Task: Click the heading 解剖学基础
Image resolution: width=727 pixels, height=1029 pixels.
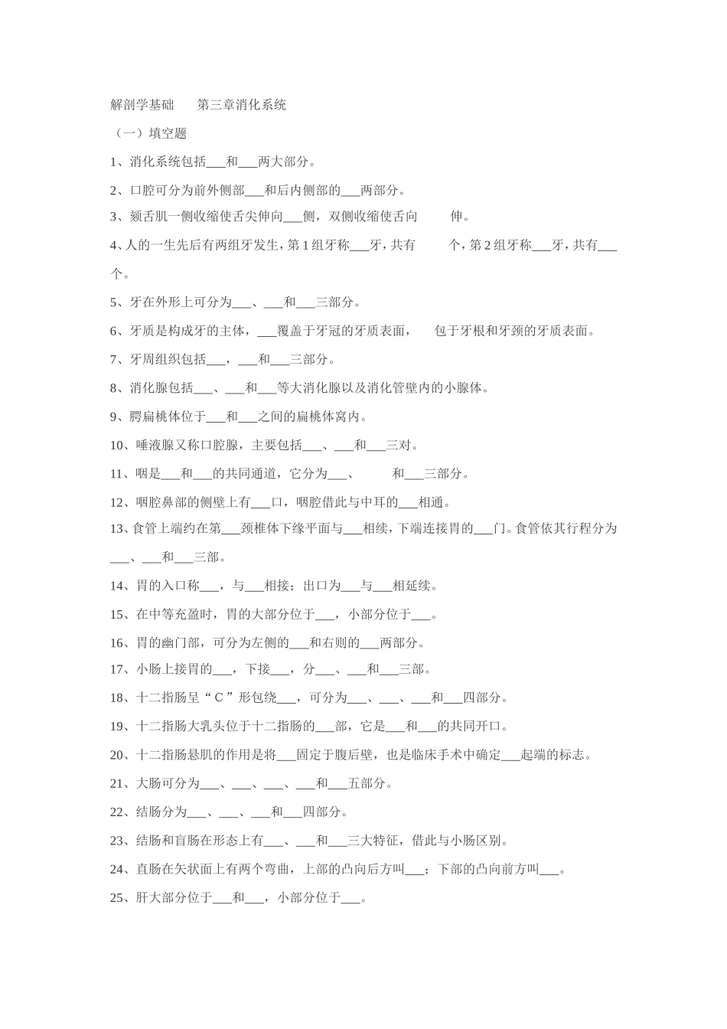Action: point(142,105)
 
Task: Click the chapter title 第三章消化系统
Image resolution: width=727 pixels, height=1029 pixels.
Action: point(241,105)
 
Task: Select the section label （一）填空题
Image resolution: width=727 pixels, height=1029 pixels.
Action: point(149,133)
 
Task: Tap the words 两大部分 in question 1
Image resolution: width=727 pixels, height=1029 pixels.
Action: point(283,162)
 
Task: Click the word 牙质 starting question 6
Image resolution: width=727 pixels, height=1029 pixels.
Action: point(142,331)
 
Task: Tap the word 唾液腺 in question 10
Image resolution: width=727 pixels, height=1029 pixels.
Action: point(155,445)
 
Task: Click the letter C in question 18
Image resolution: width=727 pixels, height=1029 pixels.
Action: point(218,697)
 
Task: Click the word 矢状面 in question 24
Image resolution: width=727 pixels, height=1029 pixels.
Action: point(200,869)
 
